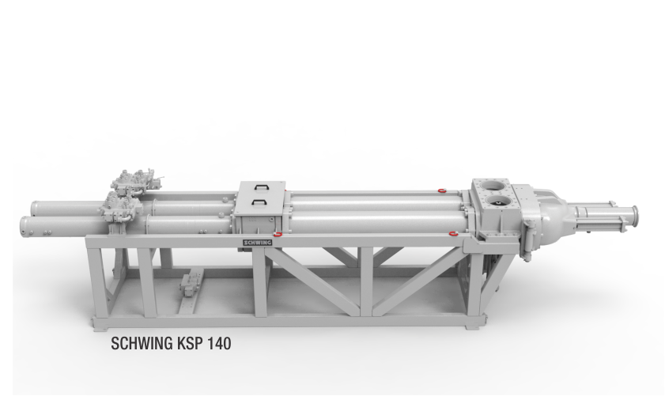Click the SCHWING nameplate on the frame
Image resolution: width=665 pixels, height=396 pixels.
[x=258, y=242]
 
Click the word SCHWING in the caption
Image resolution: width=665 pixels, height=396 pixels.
[x=142, y=343]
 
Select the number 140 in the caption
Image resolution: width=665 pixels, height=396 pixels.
[x=220, y=343]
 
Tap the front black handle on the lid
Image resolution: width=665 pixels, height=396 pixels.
[x=259, y=202]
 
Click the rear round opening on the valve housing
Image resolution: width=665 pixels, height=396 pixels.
[x=493, y=185]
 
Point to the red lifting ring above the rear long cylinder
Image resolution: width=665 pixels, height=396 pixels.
[x=442, y=190]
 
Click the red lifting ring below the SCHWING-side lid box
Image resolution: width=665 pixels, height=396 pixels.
[x=278, y=234]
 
